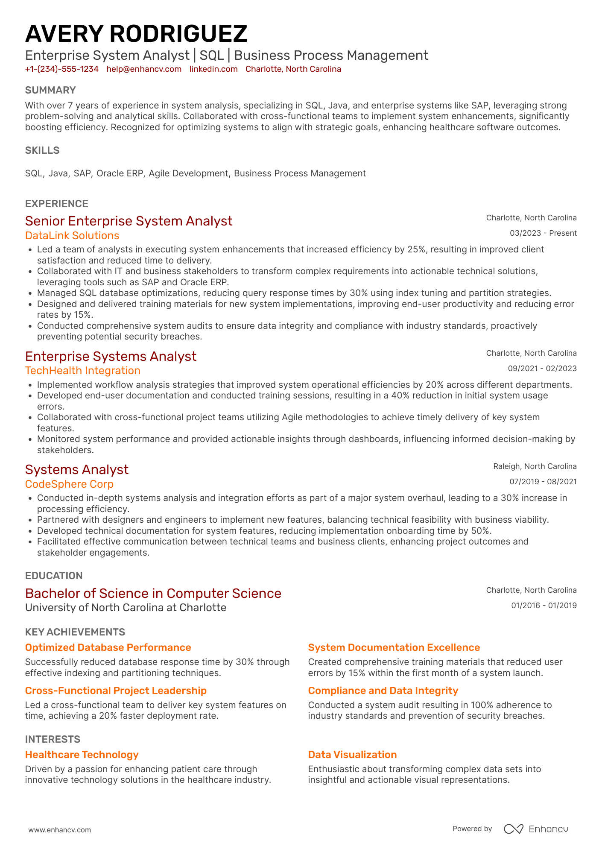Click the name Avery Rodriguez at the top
pos(136,34)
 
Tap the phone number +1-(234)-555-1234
pos(62,69)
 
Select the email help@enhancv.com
pos(144,69)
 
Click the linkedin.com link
pos(213,69)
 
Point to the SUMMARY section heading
pos(50,90)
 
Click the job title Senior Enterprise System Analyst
pos(129,221)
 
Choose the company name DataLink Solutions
pos(72,236)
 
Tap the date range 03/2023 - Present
pos(543,233)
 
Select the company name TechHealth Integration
pos(83,371)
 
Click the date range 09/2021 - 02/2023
pos(542,369)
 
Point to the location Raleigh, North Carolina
pos(535,466)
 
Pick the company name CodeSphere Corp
pos(69,484)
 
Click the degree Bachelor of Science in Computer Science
pos(153,594)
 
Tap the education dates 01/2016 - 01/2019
pos(544,606)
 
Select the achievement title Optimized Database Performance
pos(108,648)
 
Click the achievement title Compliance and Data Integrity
pos(383,691)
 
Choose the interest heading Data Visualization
pos(352,755)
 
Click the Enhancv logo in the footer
pos(536,829)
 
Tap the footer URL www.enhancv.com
pos(60,830)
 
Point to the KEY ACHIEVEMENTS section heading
pos(75,632)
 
